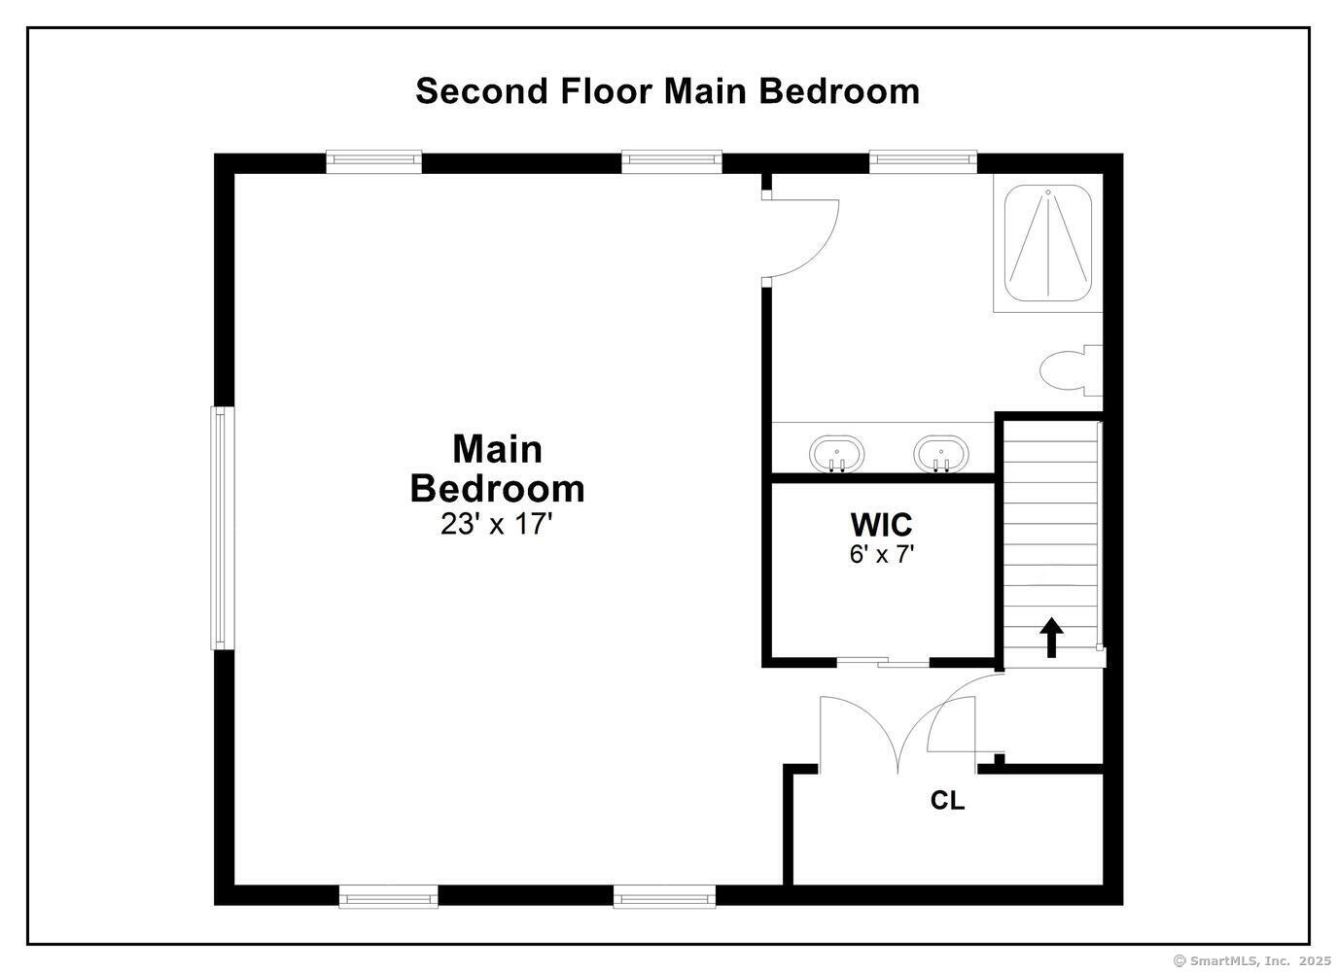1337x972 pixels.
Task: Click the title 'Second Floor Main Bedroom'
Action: pos(667,91)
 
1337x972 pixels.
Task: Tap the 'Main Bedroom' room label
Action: pos(497,469)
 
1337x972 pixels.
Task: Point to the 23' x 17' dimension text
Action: pos(497,524)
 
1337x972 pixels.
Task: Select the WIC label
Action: pos(882,525)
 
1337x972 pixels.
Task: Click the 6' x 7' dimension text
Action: pos(882,555)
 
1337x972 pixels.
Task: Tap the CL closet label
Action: pos(947,800)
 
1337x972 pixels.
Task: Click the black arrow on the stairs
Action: pos(1052,638)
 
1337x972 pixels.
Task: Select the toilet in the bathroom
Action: pos(1071,370)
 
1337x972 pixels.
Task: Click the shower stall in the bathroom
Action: pos(1048,243)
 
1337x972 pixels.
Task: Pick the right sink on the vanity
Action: pos(941,454)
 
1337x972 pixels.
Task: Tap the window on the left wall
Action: pos(222,528)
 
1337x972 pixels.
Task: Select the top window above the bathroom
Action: pos(923,161)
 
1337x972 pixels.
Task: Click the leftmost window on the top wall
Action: pos(373,161)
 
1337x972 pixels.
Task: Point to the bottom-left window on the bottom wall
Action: pos(389,896)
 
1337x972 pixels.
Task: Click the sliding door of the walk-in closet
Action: pos(883,661)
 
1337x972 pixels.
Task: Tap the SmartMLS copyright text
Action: pos(1251,960)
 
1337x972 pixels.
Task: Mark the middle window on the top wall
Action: pos(672,161)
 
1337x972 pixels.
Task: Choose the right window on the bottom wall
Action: pos(664,896)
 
